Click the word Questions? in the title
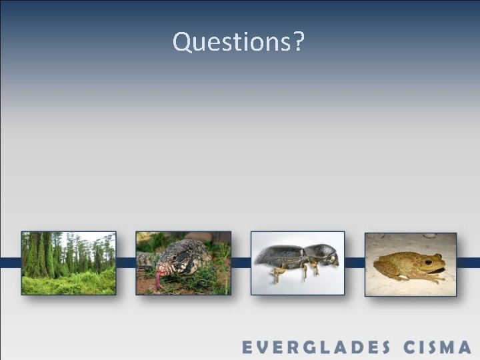point(239,41)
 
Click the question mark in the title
point(298,41)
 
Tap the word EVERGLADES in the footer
point(316,347)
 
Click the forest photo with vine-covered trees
point(69,263)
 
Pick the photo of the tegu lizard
point(183,263)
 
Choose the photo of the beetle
point(297,263)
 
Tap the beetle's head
point(325,254)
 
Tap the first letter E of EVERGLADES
point(247,347)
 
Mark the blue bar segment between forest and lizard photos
point(126,263)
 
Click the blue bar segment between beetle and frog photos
point(355,263)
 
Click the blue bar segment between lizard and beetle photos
point(241,263)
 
